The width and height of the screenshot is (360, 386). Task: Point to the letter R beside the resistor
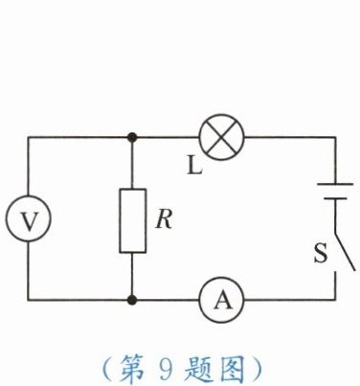(164, 219)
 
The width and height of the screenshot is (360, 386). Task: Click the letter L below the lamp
(194, 166)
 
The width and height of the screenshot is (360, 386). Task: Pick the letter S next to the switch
(321, 253)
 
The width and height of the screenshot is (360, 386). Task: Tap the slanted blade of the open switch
(345, 250)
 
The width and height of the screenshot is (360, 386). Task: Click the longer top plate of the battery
(335, 184)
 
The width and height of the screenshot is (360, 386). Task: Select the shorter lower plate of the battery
(335, 198)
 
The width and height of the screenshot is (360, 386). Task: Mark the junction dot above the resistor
(132, 138)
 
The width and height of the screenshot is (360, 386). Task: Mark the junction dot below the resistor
(132, 300)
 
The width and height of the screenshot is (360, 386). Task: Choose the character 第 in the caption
(131, 369)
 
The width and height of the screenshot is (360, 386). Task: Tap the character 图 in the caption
(233, 369)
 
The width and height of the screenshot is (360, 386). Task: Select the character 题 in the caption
(196, 369)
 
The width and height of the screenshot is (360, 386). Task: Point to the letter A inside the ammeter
(222, 301)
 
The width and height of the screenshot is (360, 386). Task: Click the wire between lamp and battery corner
(289, 138)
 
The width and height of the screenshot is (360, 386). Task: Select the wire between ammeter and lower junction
(166, 300)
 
